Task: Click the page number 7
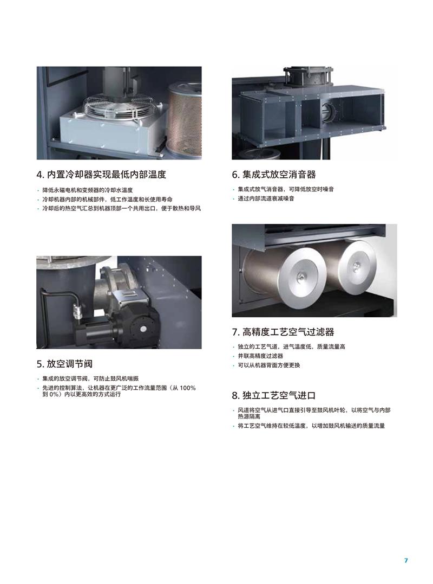[406, 560]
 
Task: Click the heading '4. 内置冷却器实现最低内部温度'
[101, 174]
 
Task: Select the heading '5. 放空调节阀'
[64, 363]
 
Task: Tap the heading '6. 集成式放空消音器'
[274, 174]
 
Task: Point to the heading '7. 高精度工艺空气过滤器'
[283, 332]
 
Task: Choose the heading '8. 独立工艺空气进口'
[274, 395]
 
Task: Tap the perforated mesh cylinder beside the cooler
[184, 119]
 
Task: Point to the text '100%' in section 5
[188, 388]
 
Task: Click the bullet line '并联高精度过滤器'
[260, 356]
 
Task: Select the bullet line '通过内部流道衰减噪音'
[266, 198]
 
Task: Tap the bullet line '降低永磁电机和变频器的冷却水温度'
[87, 190]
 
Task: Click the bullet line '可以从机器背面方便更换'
[268, 365]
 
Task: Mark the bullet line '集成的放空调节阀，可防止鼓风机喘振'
[90, 378]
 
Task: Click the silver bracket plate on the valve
[129, 297]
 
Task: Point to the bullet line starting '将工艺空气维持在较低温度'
[311, 426]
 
